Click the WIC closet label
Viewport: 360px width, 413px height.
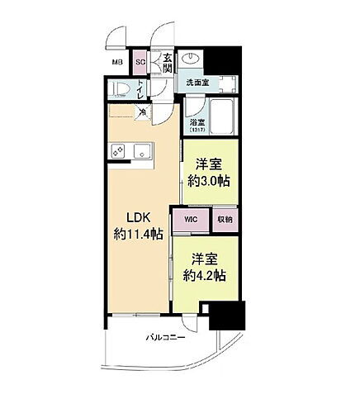[x=191, y=220]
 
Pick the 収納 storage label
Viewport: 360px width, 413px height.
[x=224, y=220]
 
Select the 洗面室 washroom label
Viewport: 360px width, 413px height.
[x=197, y=83]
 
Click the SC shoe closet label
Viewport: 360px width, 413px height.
[x=140, y=62]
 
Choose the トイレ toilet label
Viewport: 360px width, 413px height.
[x=141, y=88]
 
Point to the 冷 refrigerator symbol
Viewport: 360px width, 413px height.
[x=142, y=112]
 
